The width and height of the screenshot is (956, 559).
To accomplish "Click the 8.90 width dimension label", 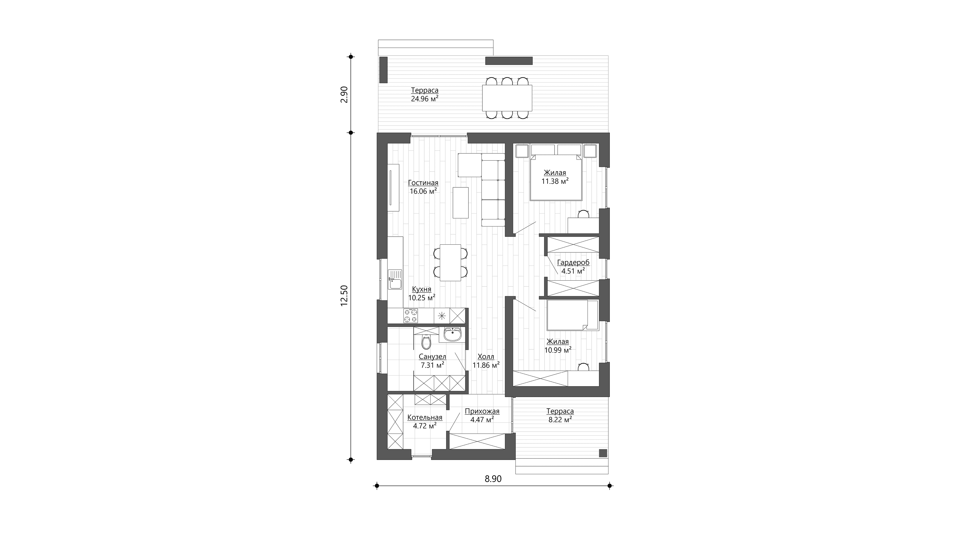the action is coord(493,479).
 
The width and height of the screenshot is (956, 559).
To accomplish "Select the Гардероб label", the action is coord(573,263).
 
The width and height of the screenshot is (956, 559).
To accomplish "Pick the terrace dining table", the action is coord(507,98).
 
